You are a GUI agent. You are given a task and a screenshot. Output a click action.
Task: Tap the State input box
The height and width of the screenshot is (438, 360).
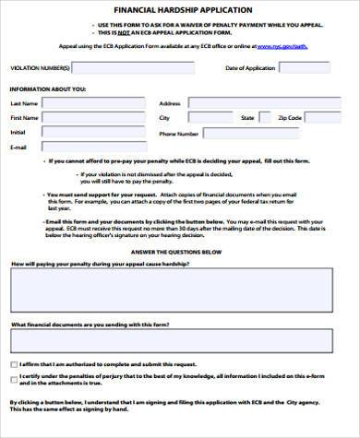click(263, 119)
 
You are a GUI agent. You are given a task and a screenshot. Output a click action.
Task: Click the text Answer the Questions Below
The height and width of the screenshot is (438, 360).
click(180, 252)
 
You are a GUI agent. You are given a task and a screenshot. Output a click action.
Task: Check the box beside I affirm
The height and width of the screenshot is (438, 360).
click(13, 365)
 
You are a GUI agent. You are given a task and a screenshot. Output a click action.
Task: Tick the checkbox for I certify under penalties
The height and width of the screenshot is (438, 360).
click(13, 379)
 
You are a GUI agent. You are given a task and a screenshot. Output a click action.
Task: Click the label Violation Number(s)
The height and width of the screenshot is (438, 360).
click(39, 68)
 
